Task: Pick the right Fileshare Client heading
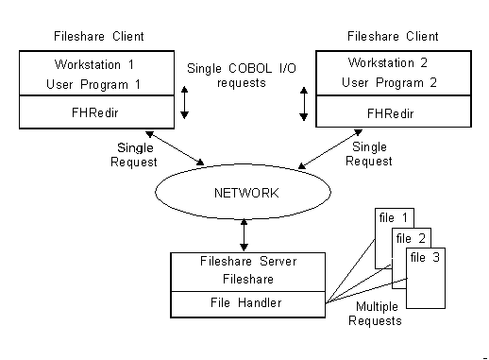tap(393, 37)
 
